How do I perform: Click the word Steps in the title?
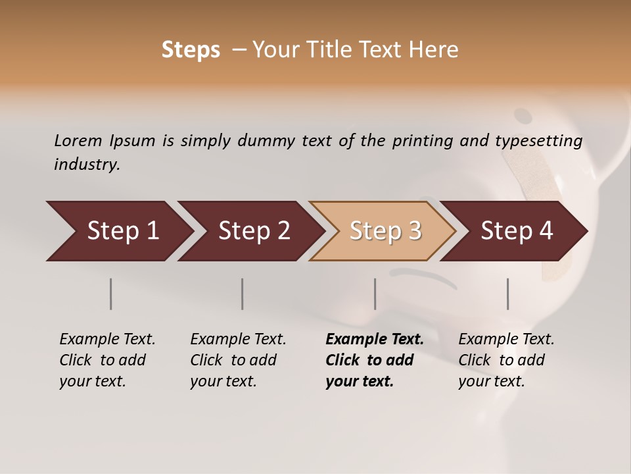191,50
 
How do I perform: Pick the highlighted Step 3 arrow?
385,230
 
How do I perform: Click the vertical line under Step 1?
111,294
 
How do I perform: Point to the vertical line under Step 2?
243,294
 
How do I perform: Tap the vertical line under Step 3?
375,294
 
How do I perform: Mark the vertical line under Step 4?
507,294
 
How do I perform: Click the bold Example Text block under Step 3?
375,360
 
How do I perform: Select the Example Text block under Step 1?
107,360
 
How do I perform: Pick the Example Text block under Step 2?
238,360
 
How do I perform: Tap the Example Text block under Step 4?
506,360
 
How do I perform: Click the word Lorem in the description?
78,140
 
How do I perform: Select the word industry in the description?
87,165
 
